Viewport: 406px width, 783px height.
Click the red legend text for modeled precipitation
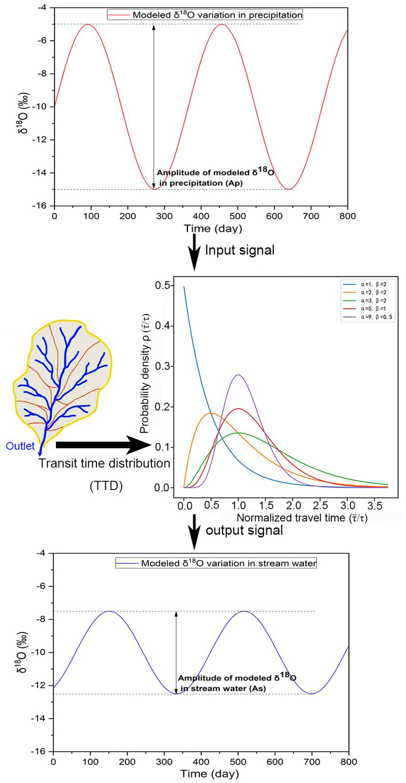pyautogui.click(x=217, y=15)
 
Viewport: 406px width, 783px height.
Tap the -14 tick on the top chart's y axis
pyautogui.click(x=43, y=173)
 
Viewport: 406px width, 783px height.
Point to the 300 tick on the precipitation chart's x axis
pyautogui.click(x=164, y=216)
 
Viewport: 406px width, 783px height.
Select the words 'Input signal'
pyautogui.click(x=239, y=250)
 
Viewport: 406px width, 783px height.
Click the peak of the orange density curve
pyautogui.click(x=211, y=413)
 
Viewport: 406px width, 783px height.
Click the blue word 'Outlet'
pyautogui.click(x=20, y=446)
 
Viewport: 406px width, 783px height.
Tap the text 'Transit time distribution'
pyautogui.click(x=104, y=464)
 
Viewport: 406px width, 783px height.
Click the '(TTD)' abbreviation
pyautogui.click(x=106, y=486)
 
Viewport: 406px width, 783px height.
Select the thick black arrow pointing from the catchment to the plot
pyautogui.click(x=103, y=445)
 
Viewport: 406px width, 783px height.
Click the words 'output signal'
pyautogui.click(x=244, y=530)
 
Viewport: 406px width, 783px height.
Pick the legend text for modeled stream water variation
pyautogui.click(x=228, y=563)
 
